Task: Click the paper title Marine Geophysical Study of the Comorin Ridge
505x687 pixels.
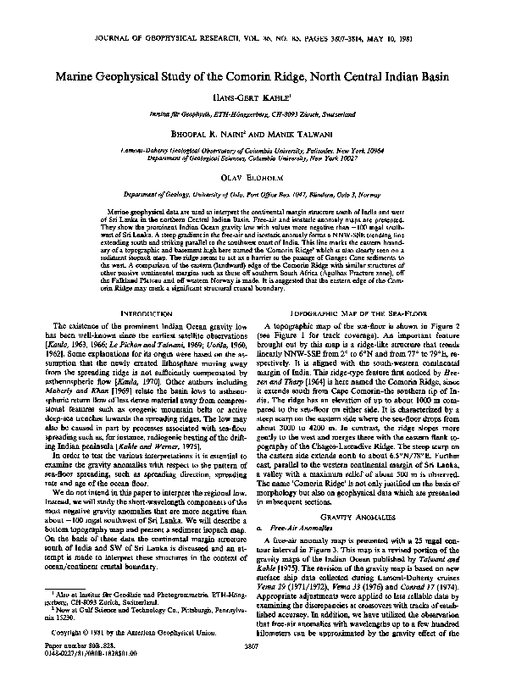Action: [252, 75]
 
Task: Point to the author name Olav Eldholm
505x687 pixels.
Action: [252, 178]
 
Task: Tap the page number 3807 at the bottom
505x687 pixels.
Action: [252, 667]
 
